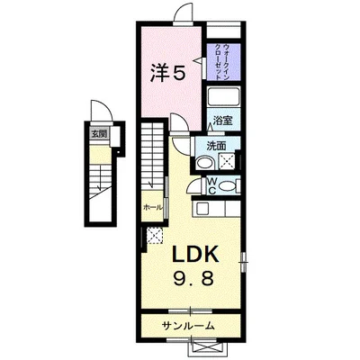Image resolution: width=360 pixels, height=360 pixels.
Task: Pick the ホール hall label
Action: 153,207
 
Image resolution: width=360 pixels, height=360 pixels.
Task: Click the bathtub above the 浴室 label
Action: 222,98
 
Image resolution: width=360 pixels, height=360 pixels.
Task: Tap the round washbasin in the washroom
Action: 205,163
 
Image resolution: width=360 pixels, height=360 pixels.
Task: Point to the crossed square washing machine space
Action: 227,162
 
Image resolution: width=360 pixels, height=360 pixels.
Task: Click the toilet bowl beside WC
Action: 229,186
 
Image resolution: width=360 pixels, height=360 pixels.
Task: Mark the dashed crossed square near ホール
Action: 154,235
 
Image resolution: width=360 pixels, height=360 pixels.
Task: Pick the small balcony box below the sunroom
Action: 211,344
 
